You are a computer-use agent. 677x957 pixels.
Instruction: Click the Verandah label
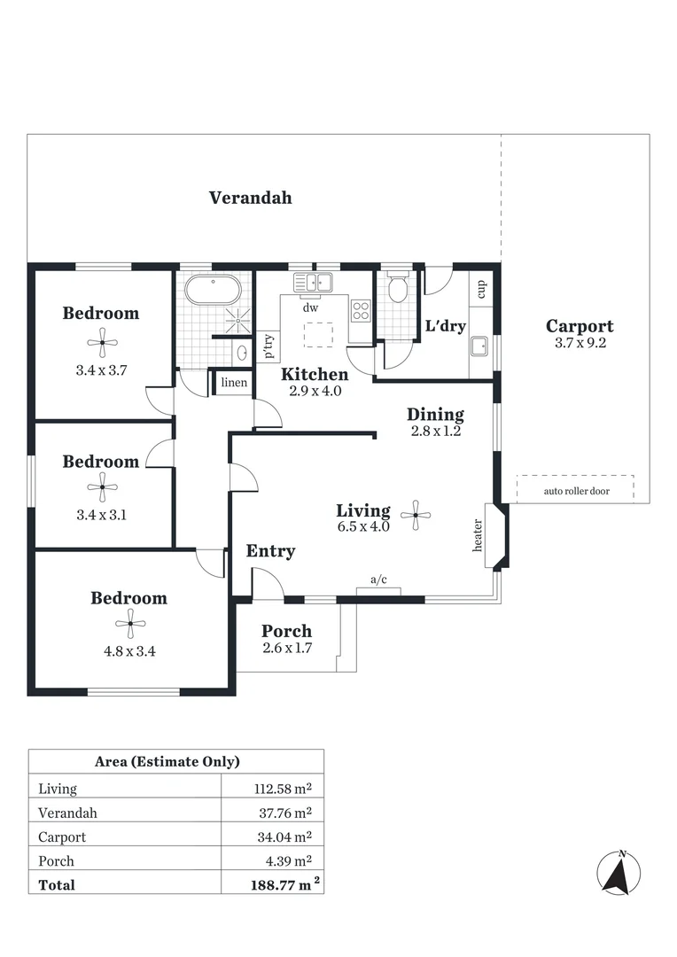point(250,198)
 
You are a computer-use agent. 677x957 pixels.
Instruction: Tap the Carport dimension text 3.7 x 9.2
point(579,344)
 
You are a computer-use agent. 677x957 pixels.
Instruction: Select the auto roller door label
point(576,490)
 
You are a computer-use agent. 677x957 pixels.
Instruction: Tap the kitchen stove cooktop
point(361,310)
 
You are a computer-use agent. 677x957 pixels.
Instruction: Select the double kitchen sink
point(313,283)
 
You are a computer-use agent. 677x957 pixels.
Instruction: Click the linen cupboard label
point(234,383)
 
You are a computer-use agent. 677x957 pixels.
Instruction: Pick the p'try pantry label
point(268,346)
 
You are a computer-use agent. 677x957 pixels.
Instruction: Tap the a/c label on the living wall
point(378,580)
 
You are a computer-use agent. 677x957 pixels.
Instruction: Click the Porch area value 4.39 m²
point(285,860)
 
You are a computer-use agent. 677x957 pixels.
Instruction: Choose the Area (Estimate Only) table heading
point(167,761)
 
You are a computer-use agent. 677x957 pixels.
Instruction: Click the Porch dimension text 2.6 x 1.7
point(286,650)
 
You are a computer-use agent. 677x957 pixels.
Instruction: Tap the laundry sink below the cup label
point(480,346)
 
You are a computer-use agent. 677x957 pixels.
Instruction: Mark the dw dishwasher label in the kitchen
point(310,308)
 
